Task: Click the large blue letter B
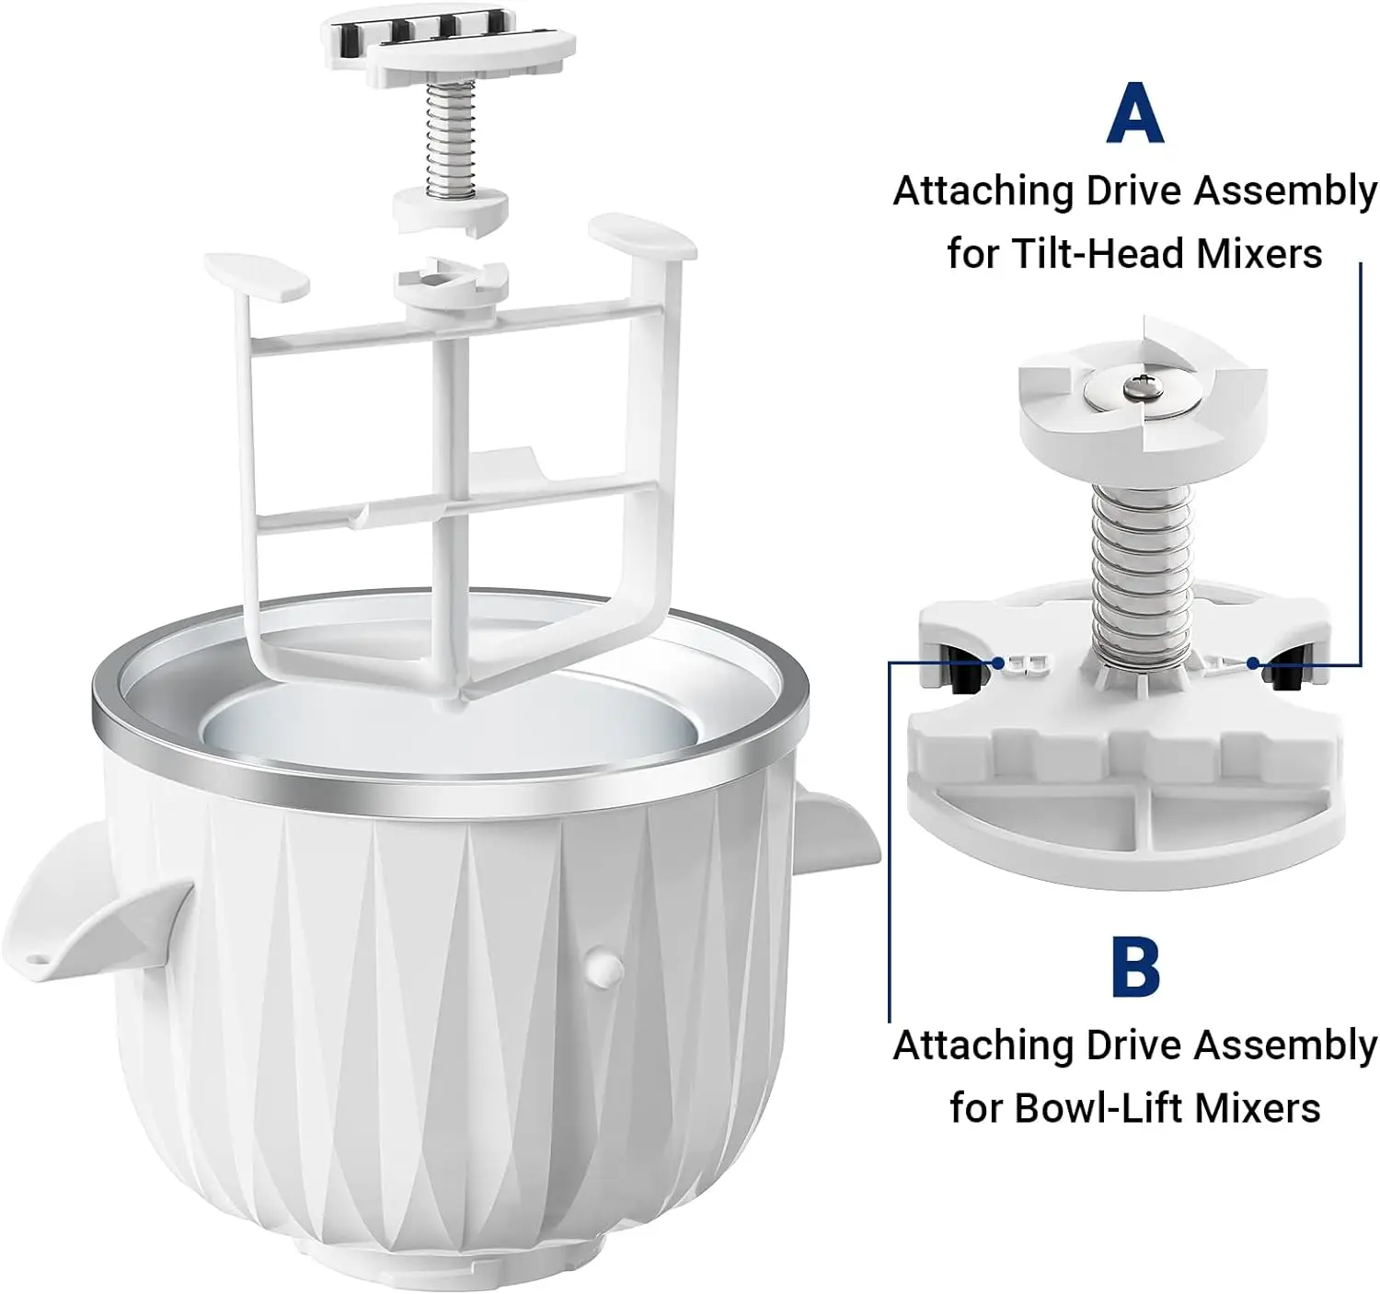click(1135, 965)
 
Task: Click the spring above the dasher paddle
click(450, 138)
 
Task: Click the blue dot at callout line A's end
click(1253, 663)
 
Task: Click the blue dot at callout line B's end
click(999, 662)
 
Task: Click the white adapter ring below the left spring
click(450, 209)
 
